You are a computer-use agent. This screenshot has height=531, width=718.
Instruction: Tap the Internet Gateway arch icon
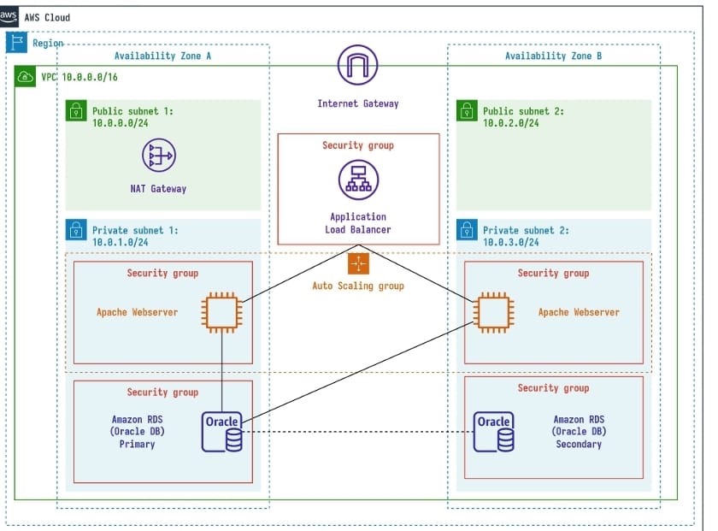click(357, 65)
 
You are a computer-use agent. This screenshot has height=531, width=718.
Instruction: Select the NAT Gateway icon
click(158, 156)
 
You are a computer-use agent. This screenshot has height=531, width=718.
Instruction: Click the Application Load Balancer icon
click(357, 180)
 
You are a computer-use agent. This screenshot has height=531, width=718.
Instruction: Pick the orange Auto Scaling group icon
click(357, 262)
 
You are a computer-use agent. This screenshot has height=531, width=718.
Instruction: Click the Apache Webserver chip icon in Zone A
click(221, 313)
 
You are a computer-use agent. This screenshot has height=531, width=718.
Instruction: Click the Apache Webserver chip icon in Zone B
click(493, 313)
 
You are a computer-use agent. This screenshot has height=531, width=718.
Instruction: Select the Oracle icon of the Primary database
click(222, 432)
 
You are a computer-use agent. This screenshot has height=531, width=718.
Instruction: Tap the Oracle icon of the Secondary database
click(494, 432)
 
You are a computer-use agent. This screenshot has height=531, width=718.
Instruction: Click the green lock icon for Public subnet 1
click(77, 110)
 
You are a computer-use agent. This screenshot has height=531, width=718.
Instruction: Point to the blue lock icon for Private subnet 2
click(467, 230)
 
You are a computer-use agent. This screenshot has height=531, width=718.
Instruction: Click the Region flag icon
click(16, 43)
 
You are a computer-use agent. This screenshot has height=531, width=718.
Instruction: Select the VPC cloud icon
click(26, 77)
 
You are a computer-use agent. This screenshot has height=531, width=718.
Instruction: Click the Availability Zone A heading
click(162, 56)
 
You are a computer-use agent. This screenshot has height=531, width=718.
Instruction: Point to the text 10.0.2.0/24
click(510, 123)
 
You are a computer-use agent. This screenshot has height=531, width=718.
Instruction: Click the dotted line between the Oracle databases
click(359, 432)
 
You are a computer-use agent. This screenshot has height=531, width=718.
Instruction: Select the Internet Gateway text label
click(357, 103)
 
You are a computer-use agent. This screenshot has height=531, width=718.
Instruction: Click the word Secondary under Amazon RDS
click(579, 445)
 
